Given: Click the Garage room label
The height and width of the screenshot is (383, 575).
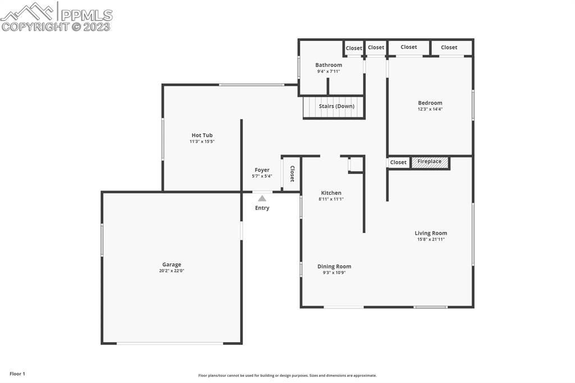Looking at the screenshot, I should coord(172,265).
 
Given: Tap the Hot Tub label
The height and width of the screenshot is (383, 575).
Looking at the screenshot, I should coord(202,135).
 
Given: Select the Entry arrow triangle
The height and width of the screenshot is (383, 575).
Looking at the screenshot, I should coord(262,198).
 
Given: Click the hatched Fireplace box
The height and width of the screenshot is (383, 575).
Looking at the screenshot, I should coord(430,162).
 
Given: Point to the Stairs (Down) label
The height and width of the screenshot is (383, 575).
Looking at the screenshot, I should coord(336,106).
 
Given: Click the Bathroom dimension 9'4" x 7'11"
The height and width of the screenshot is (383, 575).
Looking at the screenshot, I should coord(328,71).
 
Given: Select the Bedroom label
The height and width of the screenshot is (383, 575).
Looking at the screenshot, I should coord(430,103).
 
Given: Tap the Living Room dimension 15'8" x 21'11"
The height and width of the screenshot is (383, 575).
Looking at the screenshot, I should coord(431,239).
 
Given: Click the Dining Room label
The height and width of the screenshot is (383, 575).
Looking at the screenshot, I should coord(334,267).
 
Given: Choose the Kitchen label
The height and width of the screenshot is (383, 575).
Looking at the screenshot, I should coord(331,193).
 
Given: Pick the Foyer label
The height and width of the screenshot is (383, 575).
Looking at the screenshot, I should coord(262,170).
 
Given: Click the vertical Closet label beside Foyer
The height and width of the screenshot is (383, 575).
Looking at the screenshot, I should coord(291,174).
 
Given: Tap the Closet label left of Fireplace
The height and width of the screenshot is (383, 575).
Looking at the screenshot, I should coord(398,162).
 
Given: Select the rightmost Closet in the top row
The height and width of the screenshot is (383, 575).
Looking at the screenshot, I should coord(449,48).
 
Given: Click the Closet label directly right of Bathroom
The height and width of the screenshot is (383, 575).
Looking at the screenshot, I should coord(354,48).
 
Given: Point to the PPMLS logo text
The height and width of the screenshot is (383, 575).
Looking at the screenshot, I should coord(86,15).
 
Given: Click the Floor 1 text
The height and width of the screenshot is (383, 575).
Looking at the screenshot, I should coord(17,373).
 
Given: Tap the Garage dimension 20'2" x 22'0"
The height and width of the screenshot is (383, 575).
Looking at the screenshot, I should coord(172,271).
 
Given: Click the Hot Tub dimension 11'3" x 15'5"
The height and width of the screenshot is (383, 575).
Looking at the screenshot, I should coord(202,142).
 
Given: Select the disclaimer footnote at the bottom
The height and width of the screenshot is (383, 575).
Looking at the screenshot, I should coord(287,376).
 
